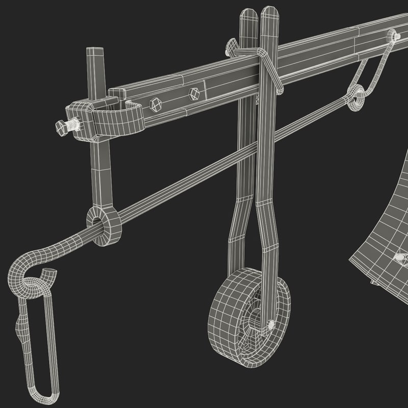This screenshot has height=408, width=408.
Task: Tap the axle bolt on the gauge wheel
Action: [270, 324]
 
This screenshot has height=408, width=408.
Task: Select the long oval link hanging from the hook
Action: [36, 347]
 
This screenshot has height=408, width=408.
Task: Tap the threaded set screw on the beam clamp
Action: [67, 126]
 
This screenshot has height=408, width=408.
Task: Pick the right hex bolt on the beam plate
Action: [194, 93]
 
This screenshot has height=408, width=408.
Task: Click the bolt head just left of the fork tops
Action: [230, 46]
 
